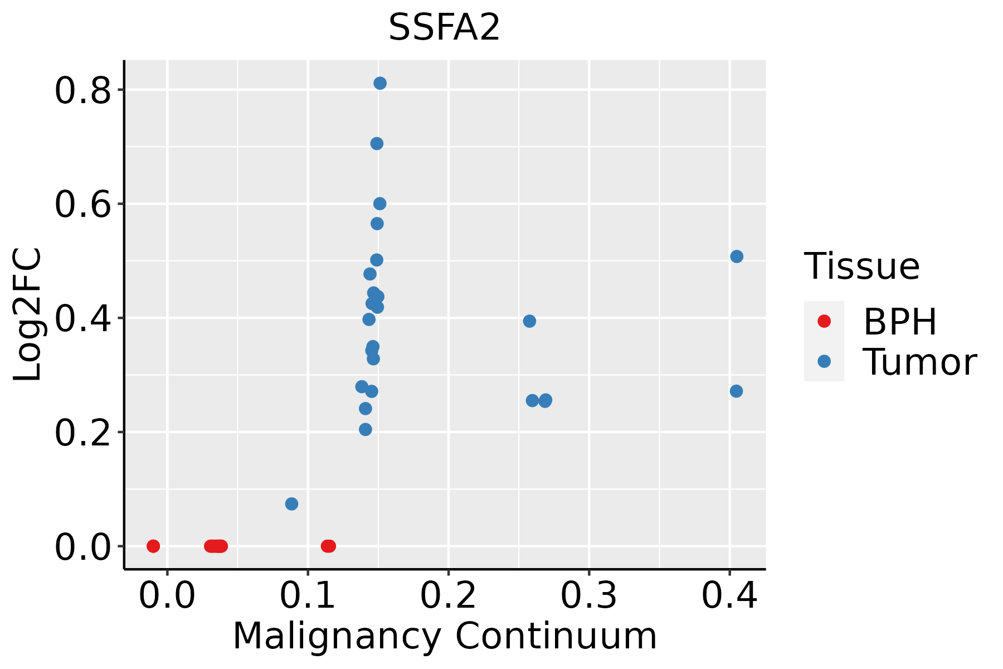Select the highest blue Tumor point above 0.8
click(x=380, y=83)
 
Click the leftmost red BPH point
click(x=153, y=546)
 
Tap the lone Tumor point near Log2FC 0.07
click(x=291, y=504)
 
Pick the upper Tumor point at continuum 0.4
click(x=737, y=256)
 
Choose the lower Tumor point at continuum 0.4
click(x=736, y=391)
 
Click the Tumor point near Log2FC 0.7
click(x=377, y=144)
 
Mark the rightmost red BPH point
click(x=329, y=546)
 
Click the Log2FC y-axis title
click(x=28, y=314)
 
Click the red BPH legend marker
click(x=824, y=321)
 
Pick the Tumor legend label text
click(x=919, y=362)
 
